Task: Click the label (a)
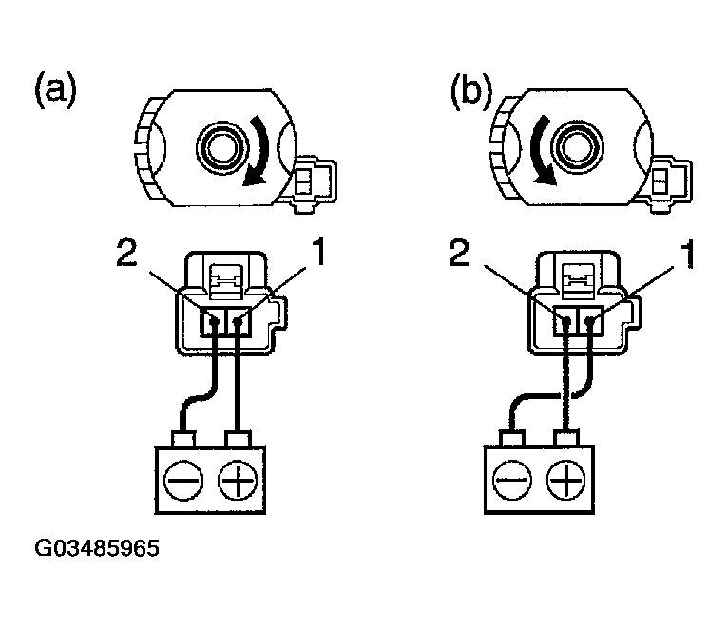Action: [55, 91]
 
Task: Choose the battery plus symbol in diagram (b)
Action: [566, 484]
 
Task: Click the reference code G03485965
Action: [97, 549]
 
